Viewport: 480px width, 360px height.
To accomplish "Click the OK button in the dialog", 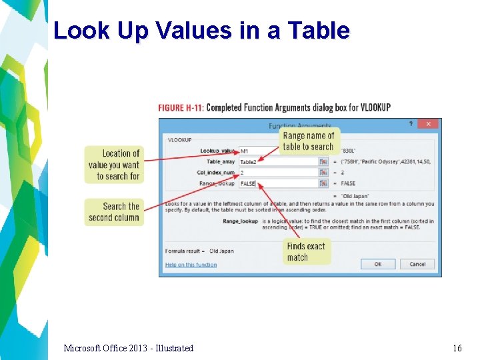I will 378,264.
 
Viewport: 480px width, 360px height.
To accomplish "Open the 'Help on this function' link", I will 191,265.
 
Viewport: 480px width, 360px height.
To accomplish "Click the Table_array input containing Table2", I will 277,162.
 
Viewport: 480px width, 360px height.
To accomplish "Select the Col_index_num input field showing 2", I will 277,173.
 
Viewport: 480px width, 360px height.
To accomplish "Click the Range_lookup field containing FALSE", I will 277,183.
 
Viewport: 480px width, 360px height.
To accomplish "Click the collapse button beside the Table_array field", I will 323,162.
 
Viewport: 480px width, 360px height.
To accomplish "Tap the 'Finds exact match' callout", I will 306,252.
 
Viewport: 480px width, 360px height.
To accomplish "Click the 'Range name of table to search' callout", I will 308,141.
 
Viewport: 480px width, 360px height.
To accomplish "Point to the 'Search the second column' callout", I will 114,212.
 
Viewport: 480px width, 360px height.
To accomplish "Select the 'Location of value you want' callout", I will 114,165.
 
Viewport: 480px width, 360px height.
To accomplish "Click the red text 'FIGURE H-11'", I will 181,107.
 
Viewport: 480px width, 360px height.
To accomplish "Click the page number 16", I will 457,348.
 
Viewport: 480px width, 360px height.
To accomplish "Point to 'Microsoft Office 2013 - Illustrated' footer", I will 129,348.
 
